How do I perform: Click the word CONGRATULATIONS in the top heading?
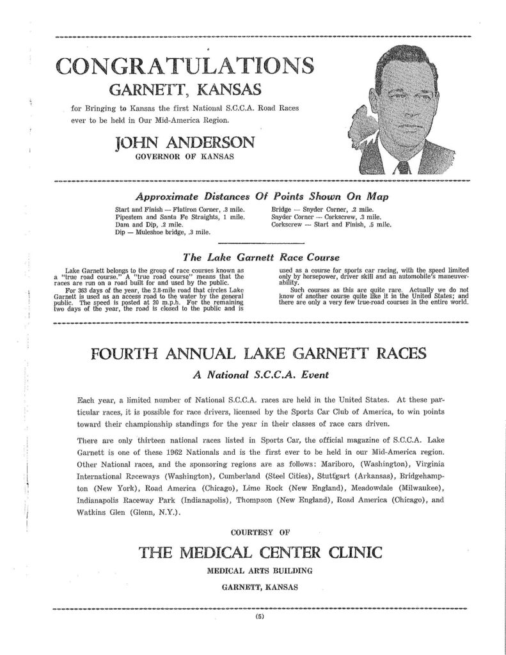[x=185, y=65]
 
